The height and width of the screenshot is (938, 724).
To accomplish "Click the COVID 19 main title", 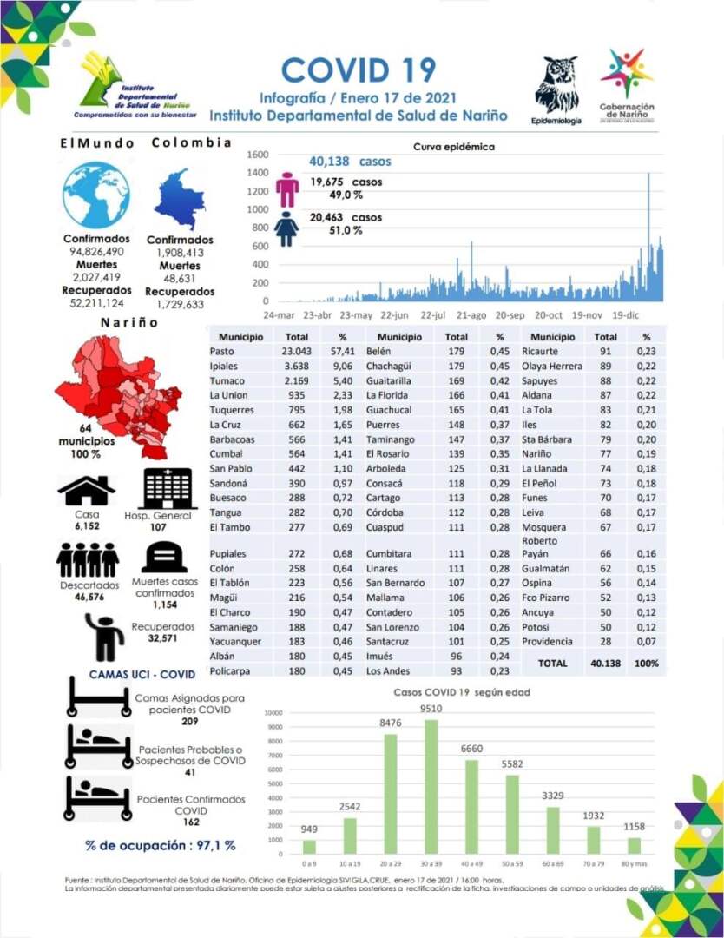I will pos(358,70).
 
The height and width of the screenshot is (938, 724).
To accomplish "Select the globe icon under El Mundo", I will pos(95,195).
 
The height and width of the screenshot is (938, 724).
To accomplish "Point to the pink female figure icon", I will pos(286,188).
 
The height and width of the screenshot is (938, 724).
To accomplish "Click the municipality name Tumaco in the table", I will pos(227,380).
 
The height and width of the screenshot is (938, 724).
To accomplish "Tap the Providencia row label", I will pos(548,642).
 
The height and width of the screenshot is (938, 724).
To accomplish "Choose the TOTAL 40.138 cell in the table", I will pos(606,663).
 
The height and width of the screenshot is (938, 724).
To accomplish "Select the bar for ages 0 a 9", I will pos(310,847).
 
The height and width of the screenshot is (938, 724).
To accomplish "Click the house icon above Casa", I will pos(87,491).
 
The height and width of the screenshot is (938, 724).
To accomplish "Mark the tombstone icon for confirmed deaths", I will pos(165,556).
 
